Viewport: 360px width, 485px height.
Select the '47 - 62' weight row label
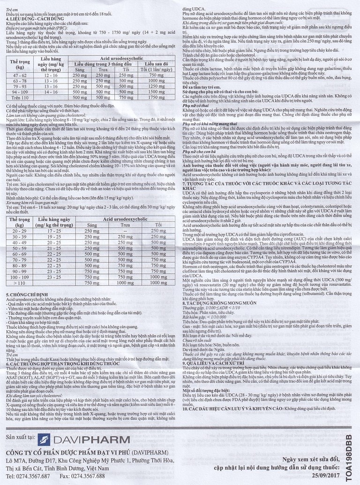(x=19, y=75)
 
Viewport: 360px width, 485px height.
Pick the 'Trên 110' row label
(x=19, y=97)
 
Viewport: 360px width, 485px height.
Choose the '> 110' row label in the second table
(x=19, y=283)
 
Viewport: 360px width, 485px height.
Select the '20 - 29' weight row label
(x=19, y=231)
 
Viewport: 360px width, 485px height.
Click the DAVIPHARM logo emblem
(x=45, y=440)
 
